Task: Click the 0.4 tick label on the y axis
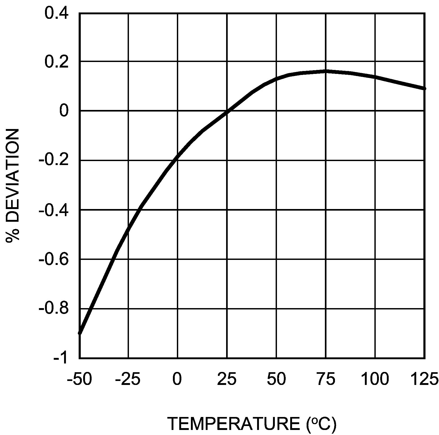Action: point(57,13)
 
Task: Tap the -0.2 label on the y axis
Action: point(54,161)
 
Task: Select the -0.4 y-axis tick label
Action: point(54,210)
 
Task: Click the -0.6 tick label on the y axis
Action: point(54,259)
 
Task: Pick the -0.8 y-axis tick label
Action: point(54,309)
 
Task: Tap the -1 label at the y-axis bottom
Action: point(61,359)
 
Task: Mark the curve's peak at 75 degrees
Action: point(326,71)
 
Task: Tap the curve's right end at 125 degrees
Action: point(424,88)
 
